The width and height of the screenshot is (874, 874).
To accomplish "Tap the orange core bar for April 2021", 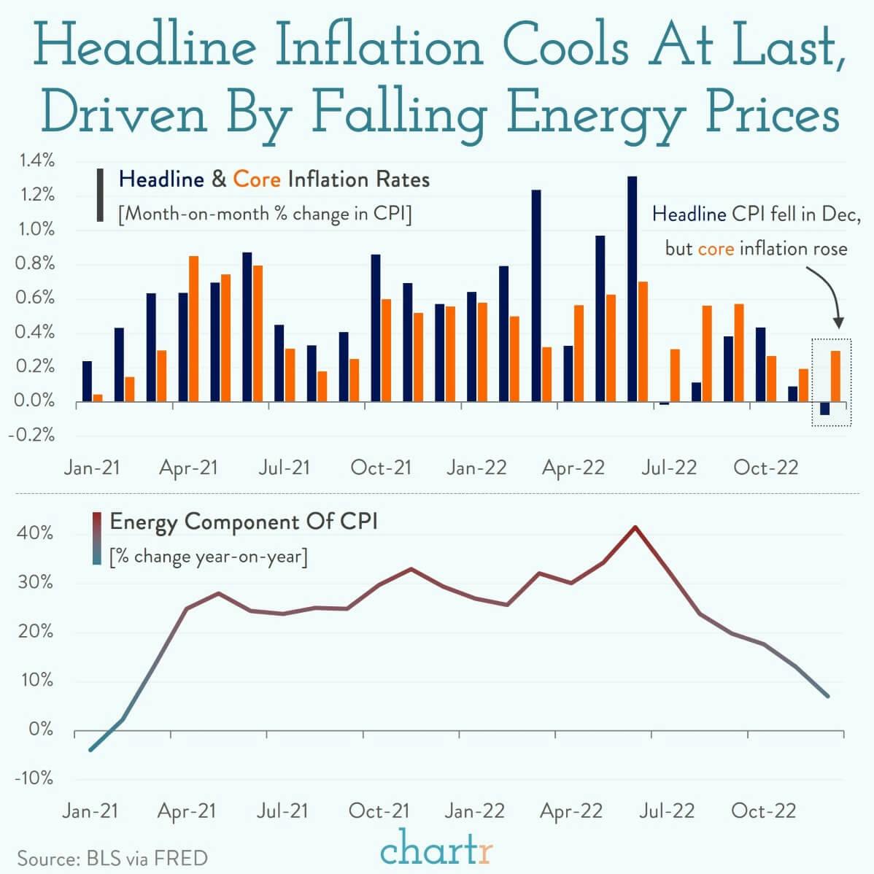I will [193, 328].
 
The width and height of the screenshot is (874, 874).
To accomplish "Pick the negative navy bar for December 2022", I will [824, 409].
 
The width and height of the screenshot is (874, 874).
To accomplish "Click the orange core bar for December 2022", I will [835, 376].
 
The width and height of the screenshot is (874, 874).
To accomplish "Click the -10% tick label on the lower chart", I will [34, 778].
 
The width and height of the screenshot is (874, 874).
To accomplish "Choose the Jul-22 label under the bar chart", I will [668, 468].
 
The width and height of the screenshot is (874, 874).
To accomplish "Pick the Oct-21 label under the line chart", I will [379, 811].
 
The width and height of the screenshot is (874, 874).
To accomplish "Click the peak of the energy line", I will [635, 527].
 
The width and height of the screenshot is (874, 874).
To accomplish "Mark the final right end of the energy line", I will [827, 696].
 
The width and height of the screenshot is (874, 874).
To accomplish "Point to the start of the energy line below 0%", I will [90, 749].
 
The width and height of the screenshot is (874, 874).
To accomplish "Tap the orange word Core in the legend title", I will [256, 179].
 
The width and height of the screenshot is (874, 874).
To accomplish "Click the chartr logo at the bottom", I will [436, 850].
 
